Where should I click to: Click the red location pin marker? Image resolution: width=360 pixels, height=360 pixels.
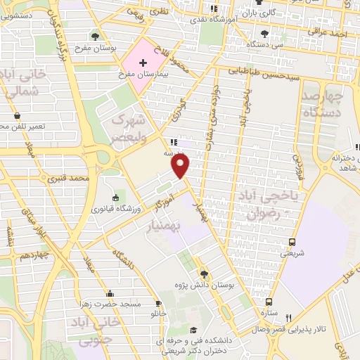[181, 166]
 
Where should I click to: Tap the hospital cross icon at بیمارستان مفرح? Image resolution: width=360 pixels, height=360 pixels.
[143, 63]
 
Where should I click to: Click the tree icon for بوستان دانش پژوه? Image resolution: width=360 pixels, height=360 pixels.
[204, 273]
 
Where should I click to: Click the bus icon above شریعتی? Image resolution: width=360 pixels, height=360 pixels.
[292, 242]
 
